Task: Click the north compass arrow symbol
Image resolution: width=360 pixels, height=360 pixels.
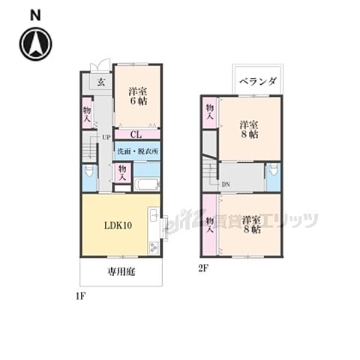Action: point(35,43)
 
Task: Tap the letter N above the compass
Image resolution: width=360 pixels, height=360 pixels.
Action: point(34,13)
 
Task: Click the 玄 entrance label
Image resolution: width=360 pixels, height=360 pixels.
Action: point(100,81)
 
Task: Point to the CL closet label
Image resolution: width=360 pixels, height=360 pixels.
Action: point(136,135)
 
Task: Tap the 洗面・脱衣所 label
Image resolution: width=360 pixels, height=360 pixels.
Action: point(136,151)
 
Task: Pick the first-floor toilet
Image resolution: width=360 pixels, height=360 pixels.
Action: point(88,176)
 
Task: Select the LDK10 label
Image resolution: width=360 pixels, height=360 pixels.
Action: point(118,226)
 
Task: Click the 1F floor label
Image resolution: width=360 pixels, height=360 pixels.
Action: point(81,295)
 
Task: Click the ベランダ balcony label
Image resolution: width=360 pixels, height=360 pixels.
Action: point(258,80)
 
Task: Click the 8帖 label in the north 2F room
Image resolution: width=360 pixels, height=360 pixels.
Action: point(248,136)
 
